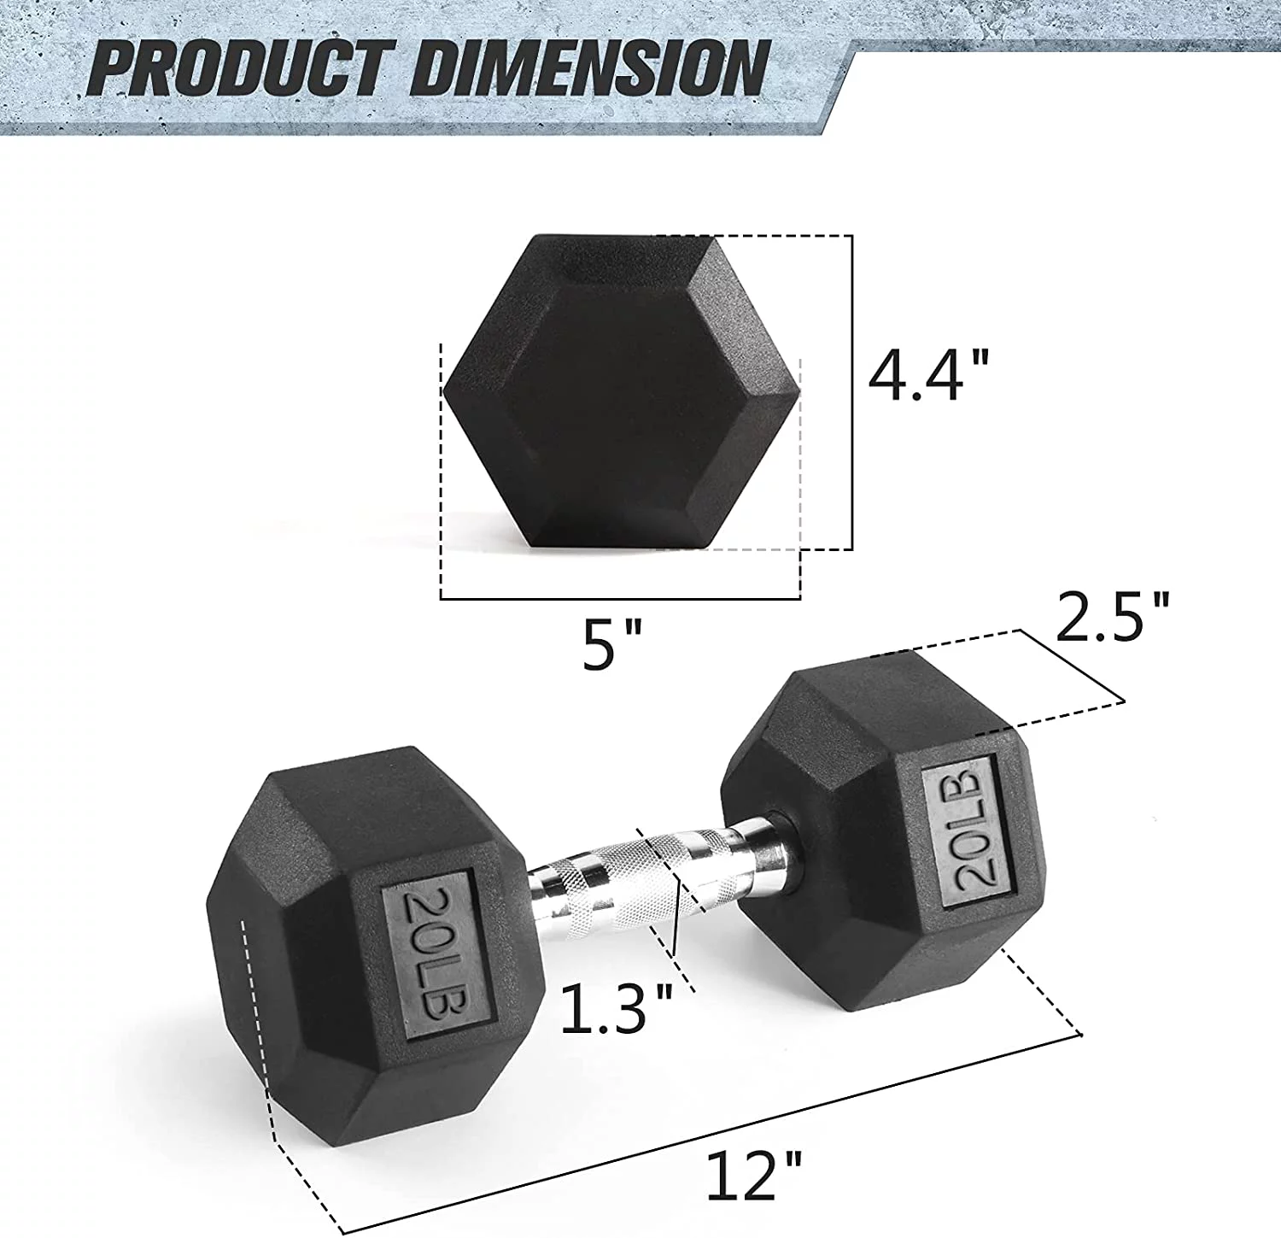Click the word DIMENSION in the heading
(x=589, y=68)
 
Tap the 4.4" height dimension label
(x=928, y=375)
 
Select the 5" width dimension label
(x=611, y=645)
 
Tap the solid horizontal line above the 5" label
(x=620, y=599)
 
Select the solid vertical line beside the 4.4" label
(x=852, y=393)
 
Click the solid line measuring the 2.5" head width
(x=1073, y=666)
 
